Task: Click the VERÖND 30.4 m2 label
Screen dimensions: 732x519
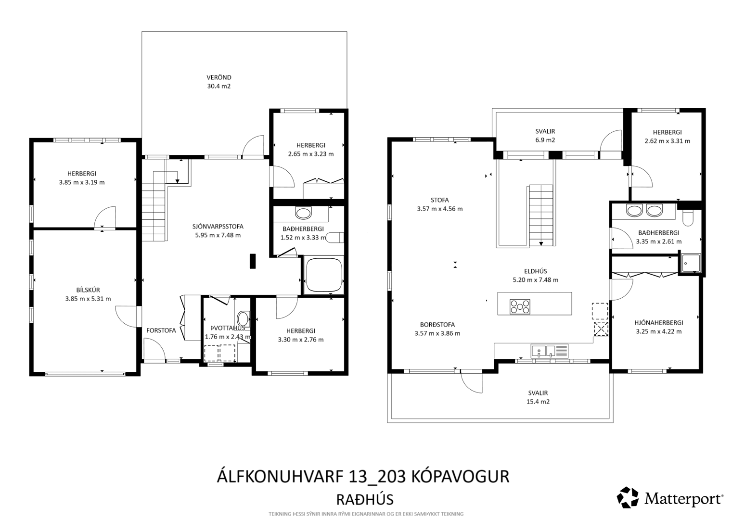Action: pos(218,82)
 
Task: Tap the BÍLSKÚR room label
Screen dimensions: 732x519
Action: pos(88,290)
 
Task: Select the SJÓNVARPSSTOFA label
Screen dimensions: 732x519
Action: pos(218,227)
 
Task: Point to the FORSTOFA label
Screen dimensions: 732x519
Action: pos(161,330)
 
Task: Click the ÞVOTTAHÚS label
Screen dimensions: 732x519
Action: pos(228,328)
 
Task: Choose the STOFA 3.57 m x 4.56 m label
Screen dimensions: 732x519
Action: pos(439,204)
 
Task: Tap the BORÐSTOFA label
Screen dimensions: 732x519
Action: pos(437,325)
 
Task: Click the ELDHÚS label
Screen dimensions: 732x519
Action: pos(535,271)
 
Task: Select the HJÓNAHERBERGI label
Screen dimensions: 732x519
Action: pos(659,323)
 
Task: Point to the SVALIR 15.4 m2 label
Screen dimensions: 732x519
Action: pos(538,397)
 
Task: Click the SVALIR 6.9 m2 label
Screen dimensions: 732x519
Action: pos(545,136)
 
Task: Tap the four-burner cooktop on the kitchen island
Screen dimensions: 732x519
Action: pos(520,307)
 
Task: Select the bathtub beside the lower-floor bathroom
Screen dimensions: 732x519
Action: pos(323,275)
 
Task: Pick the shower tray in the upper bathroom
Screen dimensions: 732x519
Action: pos(691,263)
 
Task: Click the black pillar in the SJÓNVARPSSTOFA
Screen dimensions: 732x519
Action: pos(253,261)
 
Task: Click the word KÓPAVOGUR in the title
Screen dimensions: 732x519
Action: pos(460,477)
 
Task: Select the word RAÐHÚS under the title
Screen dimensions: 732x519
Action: pos(365,500)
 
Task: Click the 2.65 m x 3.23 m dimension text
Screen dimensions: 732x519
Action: pos(311,154)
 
